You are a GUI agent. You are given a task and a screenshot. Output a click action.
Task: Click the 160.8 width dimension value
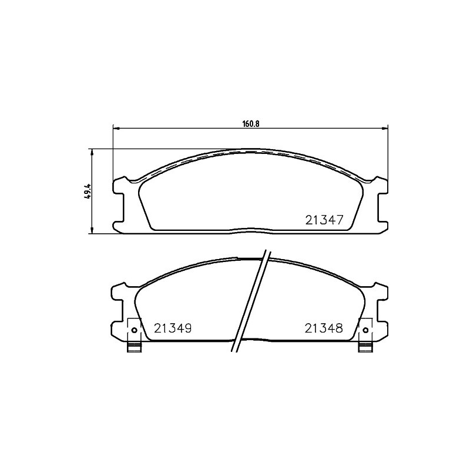pyautogui.click(x=250, y=124)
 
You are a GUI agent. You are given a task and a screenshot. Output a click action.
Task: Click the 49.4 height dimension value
pyautogui.click(x=88, y=191)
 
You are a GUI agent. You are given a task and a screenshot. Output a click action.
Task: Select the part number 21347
pyautogui.click(x=324, y=220)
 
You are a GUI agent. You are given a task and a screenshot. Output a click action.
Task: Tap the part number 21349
pyautogui.click(x=173, y=328)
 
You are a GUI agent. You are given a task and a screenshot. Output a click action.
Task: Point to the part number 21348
pyautogui.click(x=324, y=328)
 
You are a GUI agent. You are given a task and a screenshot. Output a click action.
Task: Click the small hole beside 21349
pyautogui.click(x=134, y=330)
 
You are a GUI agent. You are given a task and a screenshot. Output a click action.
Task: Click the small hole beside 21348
pyautogui.click(x=365, y=330)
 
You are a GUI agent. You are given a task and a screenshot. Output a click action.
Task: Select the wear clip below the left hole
pyautogui.click(x=134, y=347)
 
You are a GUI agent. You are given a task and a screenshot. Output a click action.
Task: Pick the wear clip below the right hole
pyautogui.click(x=365, y=347)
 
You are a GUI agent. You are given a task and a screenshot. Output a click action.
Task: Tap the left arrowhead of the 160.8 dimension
pyautogui.click(x=116, y=129)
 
